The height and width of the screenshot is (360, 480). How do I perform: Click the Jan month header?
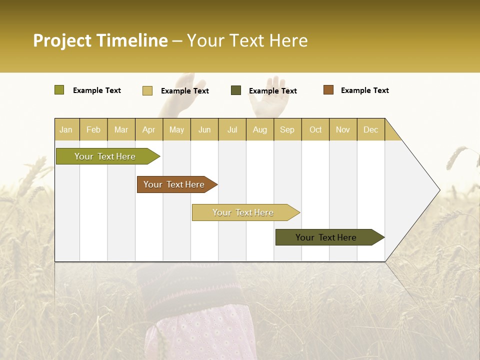pos(66,129)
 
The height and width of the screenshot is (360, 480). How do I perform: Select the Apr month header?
pos(148,129)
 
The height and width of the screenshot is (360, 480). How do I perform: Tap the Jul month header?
pos(232,129)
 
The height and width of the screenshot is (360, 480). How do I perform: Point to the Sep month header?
pos(287,129)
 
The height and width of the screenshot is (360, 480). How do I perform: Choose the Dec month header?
pos(370,129)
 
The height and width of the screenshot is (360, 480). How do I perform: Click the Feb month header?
pos(93,129)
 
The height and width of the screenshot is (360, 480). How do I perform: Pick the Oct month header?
pos(315,129)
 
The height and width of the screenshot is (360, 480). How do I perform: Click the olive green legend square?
pos(59,90)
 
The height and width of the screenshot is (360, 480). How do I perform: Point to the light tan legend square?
pos(147,90)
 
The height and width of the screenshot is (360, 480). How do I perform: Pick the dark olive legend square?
pos(236,90)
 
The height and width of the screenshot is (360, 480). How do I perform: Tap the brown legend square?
pos(328,90)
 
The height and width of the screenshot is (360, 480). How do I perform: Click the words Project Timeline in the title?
pos(100,40)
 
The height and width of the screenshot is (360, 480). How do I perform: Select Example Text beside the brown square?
pos(364,90)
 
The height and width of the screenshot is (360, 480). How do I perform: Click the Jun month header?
pos(204,129)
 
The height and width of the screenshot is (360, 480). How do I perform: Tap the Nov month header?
pos(343,129)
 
